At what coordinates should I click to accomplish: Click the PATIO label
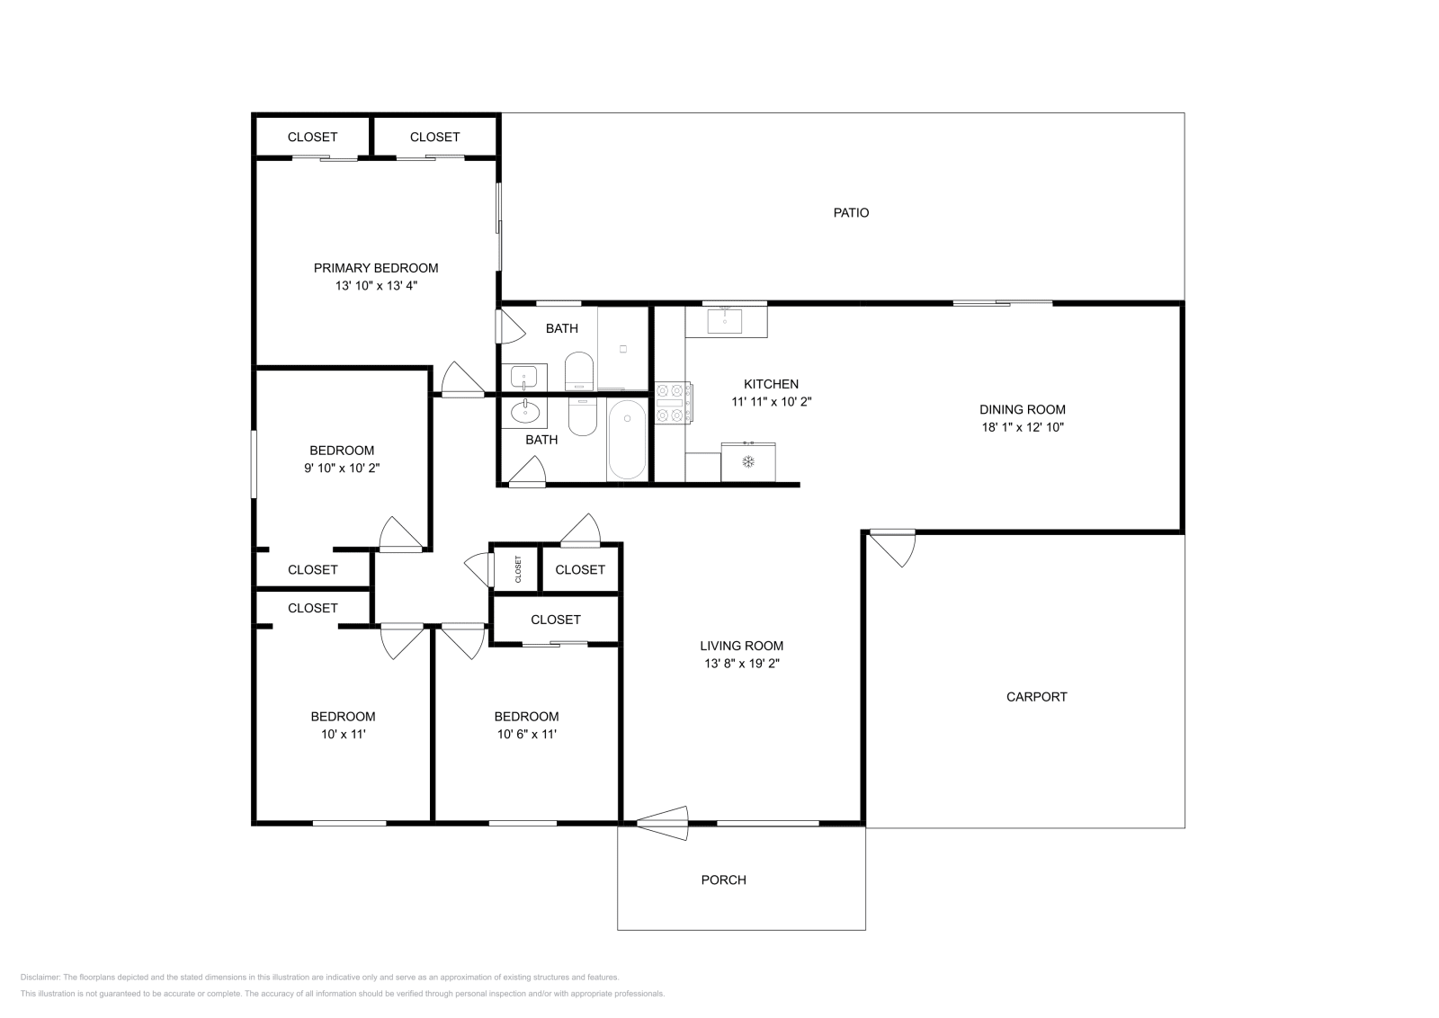tap(851, 212)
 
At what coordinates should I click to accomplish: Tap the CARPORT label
tap(1036, 697)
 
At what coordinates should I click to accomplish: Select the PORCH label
tap(723, 880)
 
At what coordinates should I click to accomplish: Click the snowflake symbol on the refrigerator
tap(747, 461)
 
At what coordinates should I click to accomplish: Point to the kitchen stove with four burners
tap(673, 403)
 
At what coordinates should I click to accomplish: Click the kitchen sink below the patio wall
tap(725, 321)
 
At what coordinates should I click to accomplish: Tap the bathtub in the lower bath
tap(626, 440)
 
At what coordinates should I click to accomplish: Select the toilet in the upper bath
tap(579, 371)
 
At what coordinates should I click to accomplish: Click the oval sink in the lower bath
tap(525, 412)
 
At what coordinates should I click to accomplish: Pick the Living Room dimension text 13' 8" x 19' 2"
tap(741, 664)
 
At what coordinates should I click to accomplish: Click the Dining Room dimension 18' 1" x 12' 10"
tap(1022, 427)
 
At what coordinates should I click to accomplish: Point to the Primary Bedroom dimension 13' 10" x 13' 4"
tap(376, 286)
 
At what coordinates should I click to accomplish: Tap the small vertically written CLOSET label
tap(518, 569)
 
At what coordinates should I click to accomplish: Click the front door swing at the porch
tap(663, 823)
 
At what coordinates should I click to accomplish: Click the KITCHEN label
tap(771, 384)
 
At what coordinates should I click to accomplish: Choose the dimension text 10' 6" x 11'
tap(526, 734)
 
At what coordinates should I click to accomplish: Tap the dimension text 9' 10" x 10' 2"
tap(342, 469)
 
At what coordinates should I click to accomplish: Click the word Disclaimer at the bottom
tap(40, 978)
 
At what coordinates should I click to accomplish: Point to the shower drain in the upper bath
tap(622, 349)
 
